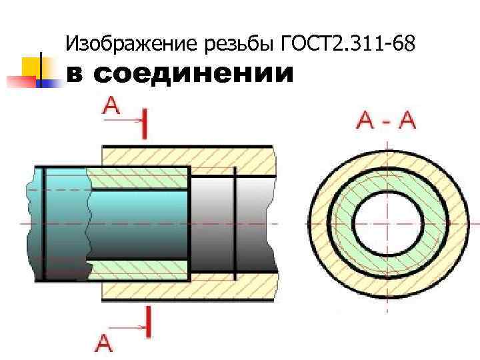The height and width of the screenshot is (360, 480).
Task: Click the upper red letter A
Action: click(x=111, y=106)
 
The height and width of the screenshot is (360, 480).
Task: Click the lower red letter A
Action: click(x=105, y=343)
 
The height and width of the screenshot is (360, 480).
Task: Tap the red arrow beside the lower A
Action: click(x=130, y=328)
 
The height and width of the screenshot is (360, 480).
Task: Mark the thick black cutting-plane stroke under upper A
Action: click(x=147, y=125)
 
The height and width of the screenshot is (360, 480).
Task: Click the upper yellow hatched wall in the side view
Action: click(x=187, y=155)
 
